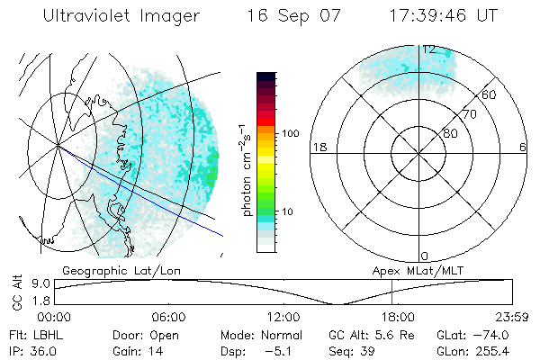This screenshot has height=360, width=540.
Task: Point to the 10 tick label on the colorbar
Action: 287,211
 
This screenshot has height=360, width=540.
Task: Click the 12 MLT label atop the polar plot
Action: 429,49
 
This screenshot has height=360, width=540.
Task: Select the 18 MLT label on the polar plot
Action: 319,147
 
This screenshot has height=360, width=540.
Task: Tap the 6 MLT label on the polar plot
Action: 523,147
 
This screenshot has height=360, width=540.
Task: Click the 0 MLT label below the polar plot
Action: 425,256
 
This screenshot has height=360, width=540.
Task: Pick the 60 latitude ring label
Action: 490,94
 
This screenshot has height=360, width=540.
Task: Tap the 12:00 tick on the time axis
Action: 283,317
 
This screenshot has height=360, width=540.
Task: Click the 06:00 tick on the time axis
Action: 168,317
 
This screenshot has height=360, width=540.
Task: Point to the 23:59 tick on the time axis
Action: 511,317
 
